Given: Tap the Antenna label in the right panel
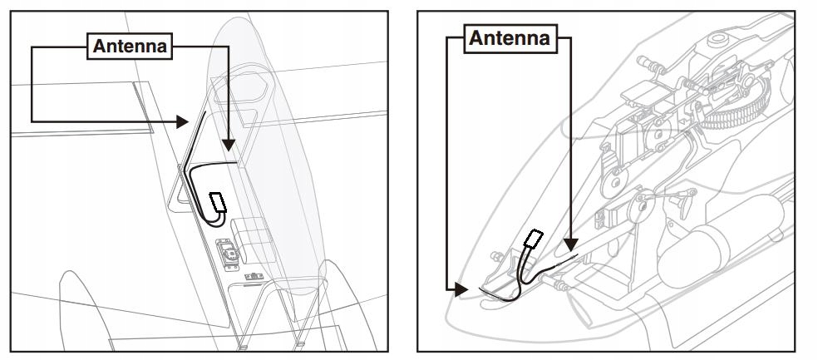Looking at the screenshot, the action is click(x=510, y=38).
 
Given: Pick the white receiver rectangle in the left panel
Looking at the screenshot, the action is click(x=219, y=201).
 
